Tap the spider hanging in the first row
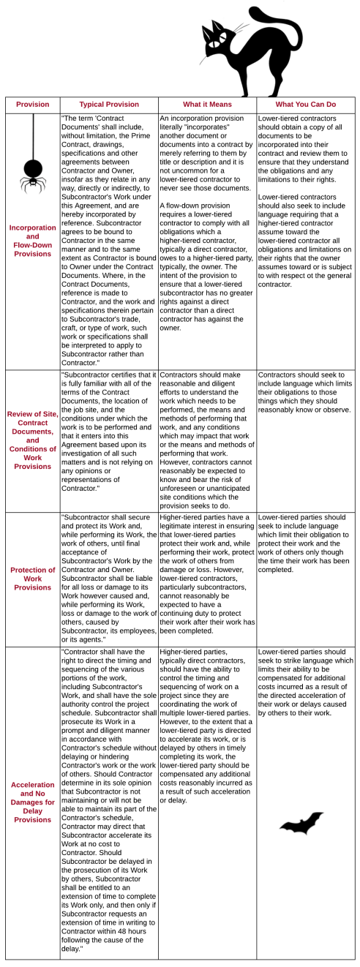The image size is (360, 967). (x=31, y=174)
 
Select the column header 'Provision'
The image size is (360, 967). (x=32, y=104)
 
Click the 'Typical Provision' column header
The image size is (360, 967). (x=108, y=104)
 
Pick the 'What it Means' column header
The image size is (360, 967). (x=206, y=104)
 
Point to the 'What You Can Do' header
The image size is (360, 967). (x=305, y=104)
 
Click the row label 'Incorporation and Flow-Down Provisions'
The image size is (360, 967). (x=32, y=241)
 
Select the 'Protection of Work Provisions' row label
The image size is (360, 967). (x=32, y=578)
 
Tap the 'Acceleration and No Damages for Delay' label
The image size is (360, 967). (x=32, y=802)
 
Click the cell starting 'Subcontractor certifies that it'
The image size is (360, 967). (x=108, y=431)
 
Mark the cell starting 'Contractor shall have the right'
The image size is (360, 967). (x=108, y=800)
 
